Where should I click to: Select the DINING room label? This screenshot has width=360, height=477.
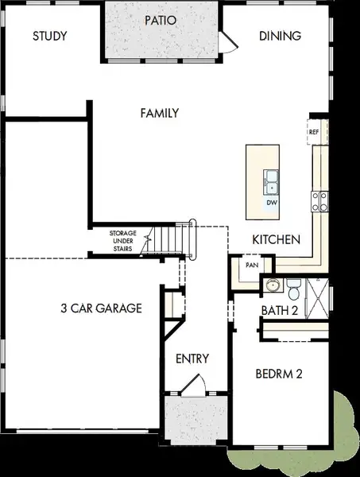(280, 36)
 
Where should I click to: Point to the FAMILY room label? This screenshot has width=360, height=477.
(159, 113)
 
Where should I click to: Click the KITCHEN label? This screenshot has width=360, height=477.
(275, 239)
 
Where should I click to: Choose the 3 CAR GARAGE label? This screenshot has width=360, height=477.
(102, 308)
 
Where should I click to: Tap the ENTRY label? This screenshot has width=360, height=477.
(192, 359)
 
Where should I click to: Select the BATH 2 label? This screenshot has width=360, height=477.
(279, 310)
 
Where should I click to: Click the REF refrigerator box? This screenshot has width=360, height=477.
(314, 131)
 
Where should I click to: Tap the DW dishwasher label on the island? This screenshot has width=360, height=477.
(271, 203)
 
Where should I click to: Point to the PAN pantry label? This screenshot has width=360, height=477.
(252, 265)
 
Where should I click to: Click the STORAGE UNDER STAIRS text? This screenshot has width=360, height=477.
(123, 241)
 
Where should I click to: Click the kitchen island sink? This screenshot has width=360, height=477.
(271, 182)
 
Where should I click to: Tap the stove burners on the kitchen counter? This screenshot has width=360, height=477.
(319, 200)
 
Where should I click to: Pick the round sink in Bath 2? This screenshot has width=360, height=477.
(273, 285)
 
